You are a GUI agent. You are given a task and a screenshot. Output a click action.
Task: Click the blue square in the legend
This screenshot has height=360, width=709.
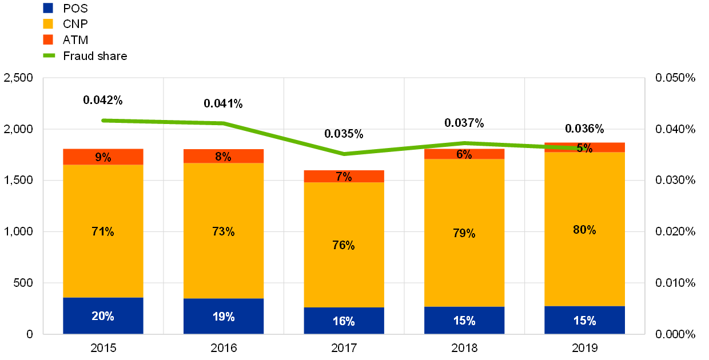click(48, 8)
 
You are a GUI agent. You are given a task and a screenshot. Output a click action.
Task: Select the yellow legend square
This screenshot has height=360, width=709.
click(48, 24)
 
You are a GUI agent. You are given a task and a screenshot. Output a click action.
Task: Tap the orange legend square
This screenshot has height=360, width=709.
click(48, 39)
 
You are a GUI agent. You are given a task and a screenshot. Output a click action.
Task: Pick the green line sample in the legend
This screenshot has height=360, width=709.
click(49, 55)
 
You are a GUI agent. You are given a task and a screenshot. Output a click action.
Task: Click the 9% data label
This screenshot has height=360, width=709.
click(103, 157)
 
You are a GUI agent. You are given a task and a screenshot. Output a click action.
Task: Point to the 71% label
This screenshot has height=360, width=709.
click(103, 231)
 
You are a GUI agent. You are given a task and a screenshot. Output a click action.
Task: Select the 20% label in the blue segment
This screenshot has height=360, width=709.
click(103, 316)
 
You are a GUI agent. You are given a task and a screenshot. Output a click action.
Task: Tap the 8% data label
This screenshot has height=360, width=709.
click(224, 157)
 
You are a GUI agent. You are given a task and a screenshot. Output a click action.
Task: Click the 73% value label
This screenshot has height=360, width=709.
click(224, 231)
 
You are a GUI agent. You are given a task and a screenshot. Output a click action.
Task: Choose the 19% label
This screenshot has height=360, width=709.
click(224, 317)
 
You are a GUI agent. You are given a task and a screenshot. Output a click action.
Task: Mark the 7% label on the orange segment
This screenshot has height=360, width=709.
click(344, 177)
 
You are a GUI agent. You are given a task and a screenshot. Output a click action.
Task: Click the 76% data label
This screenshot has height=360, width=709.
click(344, 245)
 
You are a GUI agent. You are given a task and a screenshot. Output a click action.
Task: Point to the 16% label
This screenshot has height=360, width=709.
click(344, 321)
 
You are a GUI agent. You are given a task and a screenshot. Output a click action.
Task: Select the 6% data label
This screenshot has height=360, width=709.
click(464, 154)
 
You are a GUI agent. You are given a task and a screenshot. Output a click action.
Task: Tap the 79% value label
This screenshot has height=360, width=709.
click(464, 233)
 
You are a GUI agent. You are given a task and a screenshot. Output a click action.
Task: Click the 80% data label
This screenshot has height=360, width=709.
click(584, 230)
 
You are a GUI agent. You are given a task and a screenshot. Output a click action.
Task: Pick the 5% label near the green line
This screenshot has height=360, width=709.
click(584, 148)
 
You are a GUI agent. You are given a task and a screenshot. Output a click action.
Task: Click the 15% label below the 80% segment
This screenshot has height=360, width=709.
click(584, 321)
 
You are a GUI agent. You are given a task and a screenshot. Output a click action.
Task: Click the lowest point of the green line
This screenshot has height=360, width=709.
click(344, 154)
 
